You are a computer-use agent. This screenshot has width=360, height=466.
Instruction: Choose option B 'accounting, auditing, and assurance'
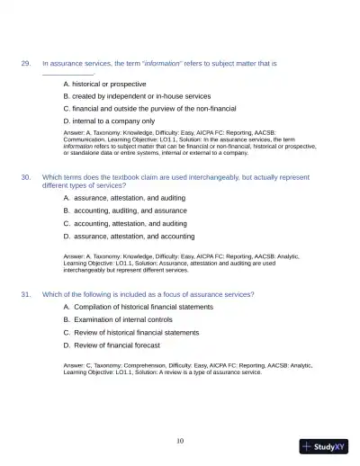(133, 210)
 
